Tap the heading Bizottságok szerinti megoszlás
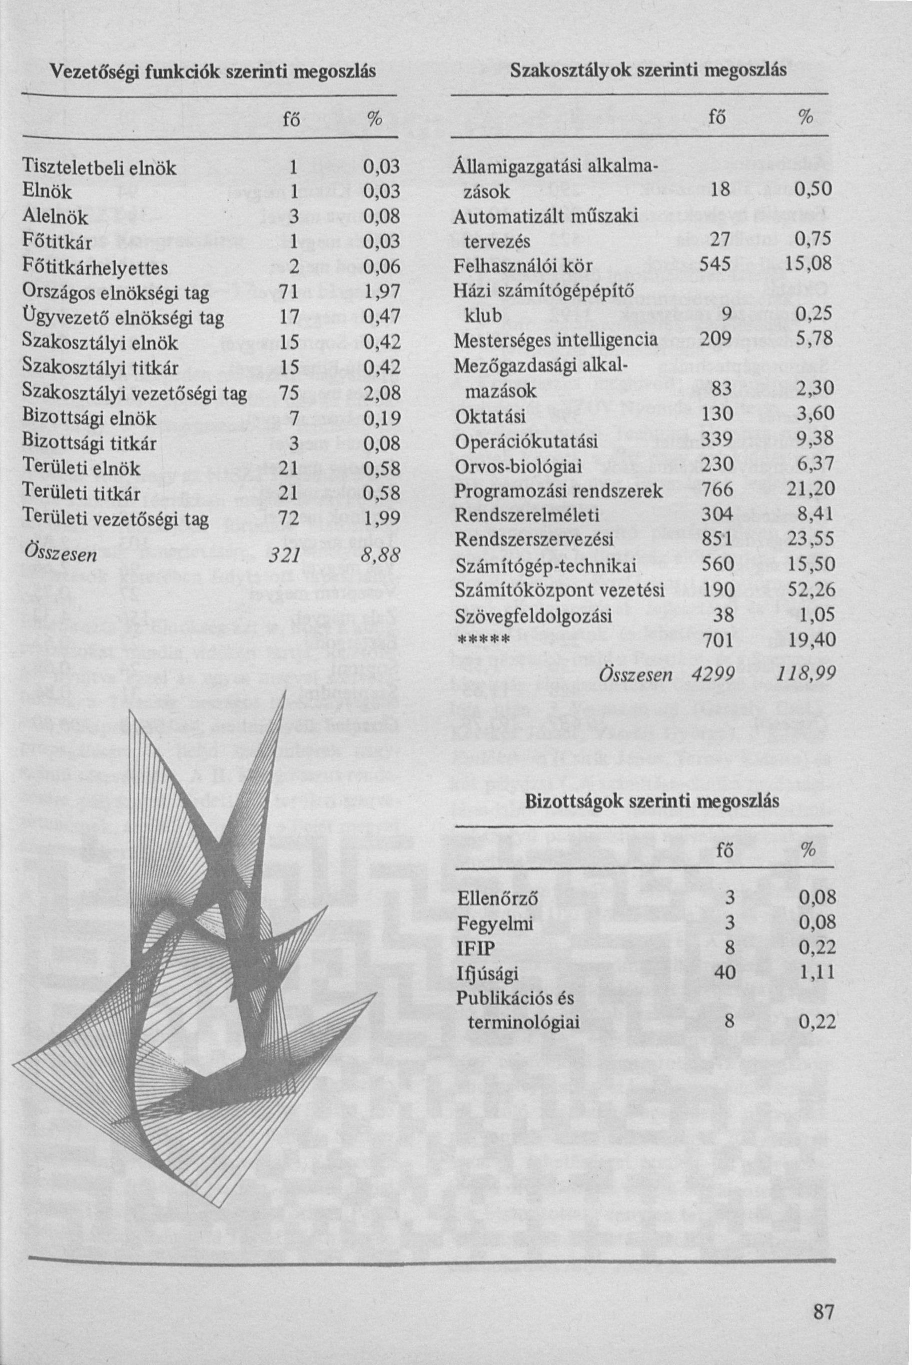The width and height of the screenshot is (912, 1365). (x=652, y=801)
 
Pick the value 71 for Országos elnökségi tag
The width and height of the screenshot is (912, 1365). (x=289, y=293)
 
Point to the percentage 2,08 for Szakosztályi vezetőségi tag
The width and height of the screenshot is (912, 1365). (x=382, y=394)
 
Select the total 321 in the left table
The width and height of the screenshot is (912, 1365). (x=282, y=555)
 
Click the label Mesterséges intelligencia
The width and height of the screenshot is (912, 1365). (x=555, y=339)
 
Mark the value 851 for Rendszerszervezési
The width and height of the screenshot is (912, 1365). (x=715, y=540)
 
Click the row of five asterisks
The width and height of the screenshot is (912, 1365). (x=483, y=641)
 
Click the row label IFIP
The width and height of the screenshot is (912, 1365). (x=475, y=949)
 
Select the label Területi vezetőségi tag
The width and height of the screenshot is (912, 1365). (x=115, y=518)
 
